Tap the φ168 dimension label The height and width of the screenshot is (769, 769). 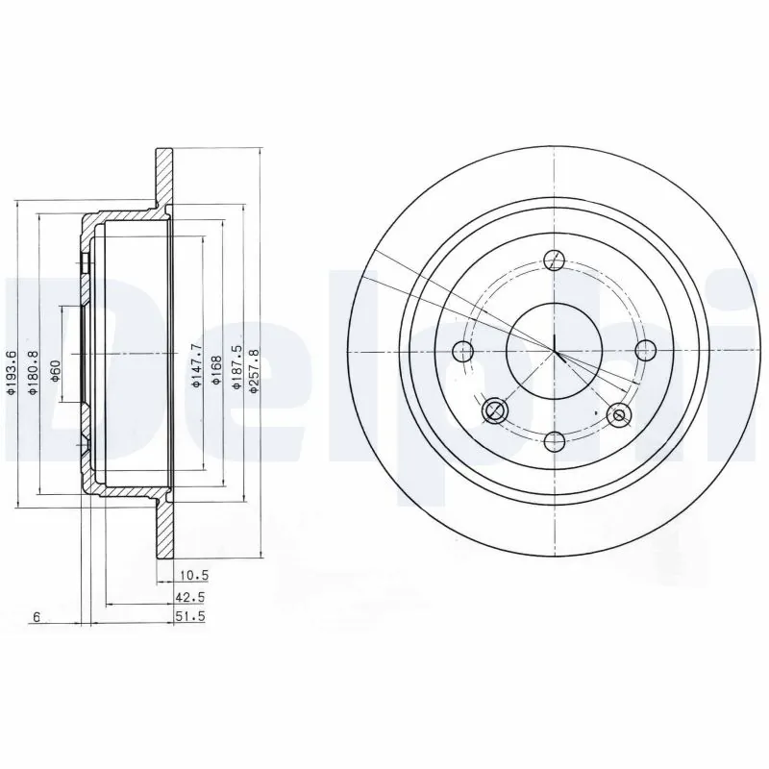coord(217,366)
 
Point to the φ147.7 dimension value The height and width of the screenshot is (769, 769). coord(197,365)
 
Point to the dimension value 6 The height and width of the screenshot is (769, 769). coord(36,617)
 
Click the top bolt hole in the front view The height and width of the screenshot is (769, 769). coord(555,260)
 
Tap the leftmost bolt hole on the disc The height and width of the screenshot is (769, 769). coord(464,350)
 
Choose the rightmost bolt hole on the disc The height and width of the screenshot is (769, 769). coord(645,350)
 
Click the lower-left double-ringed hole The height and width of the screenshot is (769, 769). coord(495,411)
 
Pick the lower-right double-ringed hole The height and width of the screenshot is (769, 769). coord(618,415)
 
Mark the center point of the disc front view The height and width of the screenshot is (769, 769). coord(555,350)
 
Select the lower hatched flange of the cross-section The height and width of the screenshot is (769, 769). coord(164,529)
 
